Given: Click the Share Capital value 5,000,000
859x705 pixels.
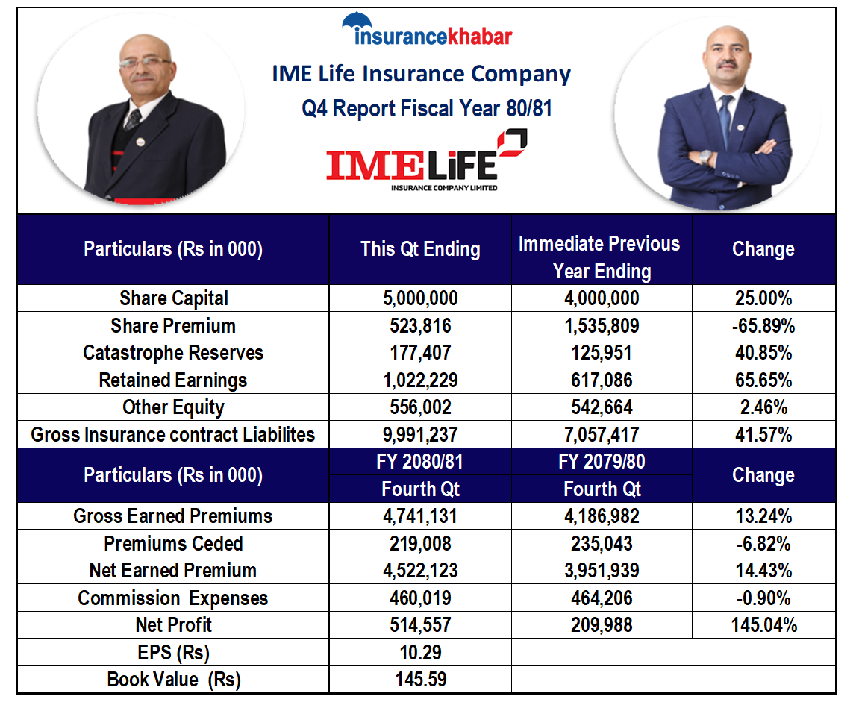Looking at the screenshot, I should (420, 299).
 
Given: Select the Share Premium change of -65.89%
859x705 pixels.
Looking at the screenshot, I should (763, 326).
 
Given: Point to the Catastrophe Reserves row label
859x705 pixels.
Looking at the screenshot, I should (173, 353).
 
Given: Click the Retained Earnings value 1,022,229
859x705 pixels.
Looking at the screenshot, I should (420, 380).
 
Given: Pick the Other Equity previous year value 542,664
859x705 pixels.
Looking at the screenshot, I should (602, 407).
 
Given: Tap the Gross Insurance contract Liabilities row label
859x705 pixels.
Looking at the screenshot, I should (173, 435).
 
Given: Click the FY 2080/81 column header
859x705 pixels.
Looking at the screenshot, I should (420, 462).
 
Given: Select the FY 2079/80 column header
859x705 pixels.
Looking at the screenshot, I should (602, 462).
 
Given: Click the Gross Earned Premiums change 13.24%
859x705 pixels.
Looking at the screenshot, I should (763, 516).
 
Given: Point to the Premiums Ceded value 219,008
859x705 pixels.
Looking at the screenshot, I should (420, 544).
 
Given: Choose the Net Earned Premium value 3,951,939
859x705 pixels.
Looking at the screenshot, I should (602, 571).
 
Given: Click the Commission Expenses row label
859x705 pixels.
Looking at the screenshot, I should (173, 598).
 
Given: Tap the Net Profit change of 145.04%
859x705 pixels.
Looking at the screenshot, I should (763, 625).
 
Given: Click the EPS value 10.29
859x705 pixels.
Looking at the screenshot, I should (420, 653).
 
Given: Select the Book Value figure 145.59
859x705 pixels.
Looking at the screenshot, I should (420, 680).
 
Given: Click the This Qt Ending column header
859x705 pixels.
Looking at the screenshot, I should (420, 249).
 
